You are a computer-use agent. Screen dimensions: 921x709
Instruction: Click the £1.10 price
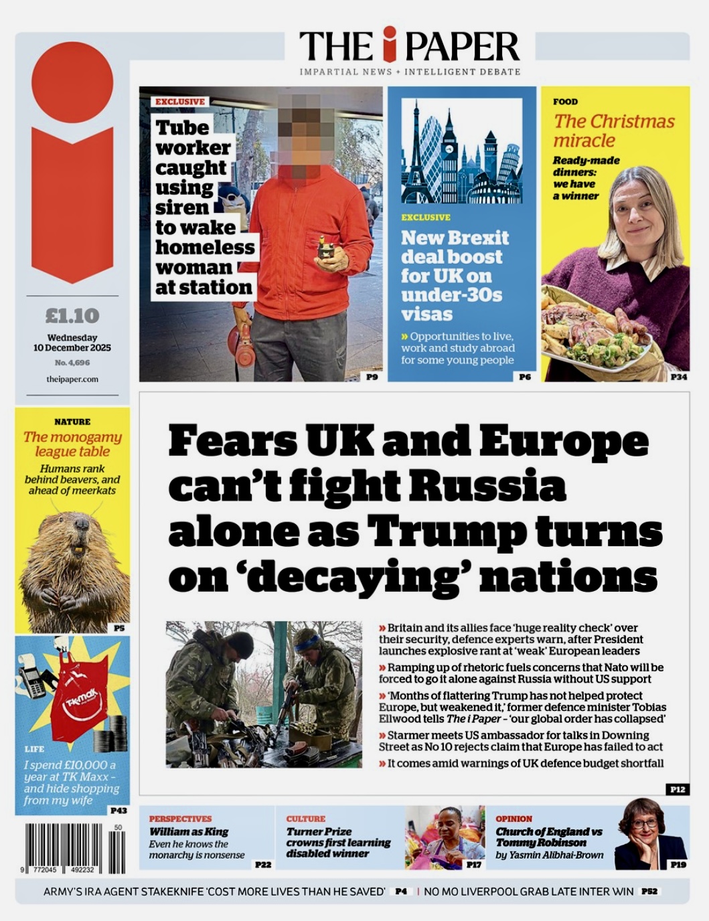pos(72,315)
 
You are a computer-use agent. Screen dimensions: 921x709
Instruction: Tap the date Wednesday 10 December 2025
pos(72,343)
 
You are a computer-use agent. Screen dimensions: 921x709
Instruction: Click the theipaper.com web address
pos(72,379)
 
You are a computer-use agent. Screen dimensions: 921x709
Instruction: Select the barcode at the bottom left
pos(75,848)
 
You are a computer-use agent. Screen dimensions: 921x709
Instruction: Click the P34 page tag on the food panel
pos(678,377)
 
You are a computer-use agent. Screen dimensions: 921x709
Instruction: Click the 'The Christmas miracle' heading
pos(613,131)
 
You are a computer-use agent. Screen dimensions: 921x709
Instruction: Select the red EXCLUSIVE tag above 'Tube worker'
pos(180,102)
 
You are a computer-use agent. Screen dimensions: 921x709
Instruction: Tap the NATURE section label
pos(72,422)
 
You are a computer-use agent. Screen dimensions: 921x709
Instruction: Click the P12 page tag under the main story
pos(678,790)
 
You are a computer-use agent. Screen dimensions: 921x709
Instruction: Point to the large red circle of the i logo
pos(72,82)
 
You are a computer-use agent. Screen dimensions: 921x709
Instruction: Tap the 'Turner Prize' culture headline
pos(319,831)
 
